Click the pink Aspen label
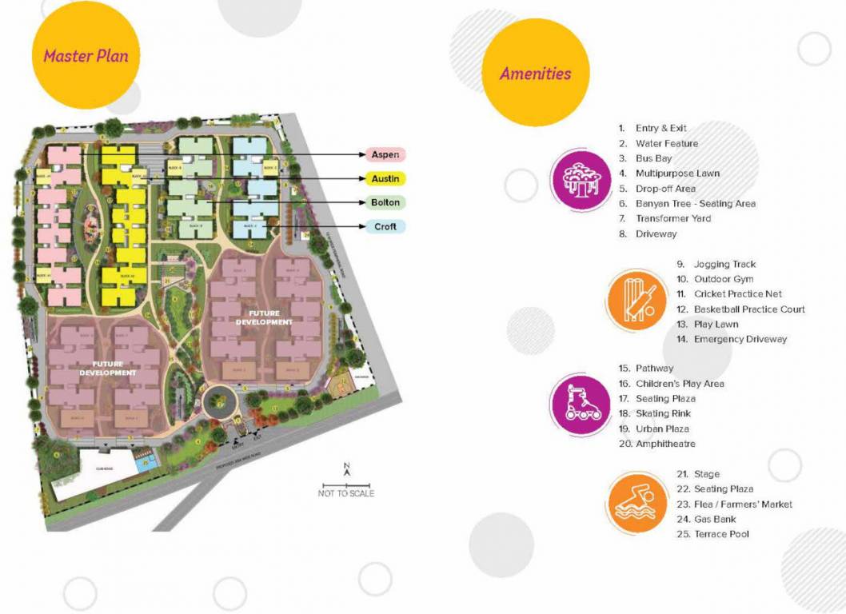[x=385, y=154]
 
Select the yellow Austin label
[x=385, y=178]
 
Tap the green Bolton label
[x=385, y=202]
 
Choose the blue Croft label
[x=385, y=226]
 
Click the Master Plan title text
[x=86, y=56]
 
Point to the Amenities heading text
[x=536, y=74]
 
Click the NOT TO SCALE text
[x=346, y=493]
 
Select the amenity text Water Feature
[x=667, y=144]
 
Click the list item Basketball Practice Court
[x=749, y=309]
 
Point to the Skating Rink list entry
[x=663, y=413]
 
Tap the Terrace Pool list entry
[x=721, y=534]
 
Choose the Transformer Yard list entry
[x=673, y=218]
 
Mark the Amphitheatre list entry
[x=665, y=444]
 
